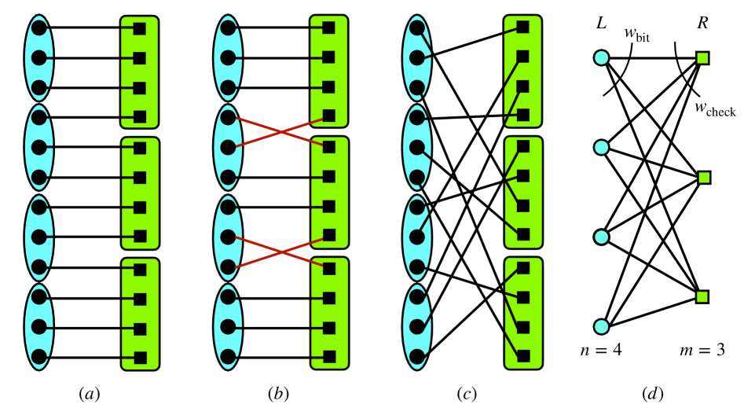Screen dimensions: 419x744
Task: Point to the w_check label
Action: [x=715, y=110]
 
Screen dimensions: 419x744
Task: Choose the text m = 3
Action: [x=702, y=348]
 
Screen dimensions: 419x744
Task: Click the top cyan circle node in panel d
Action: [x=601, y=57]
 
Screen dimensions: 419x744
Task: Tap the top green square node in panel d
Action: [x=702, y=57]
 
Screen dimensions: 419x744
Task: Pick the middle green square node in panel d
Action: [x=702, y=178]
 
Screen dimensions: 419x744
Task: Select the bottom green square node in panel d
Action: [x=702, y=296]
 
